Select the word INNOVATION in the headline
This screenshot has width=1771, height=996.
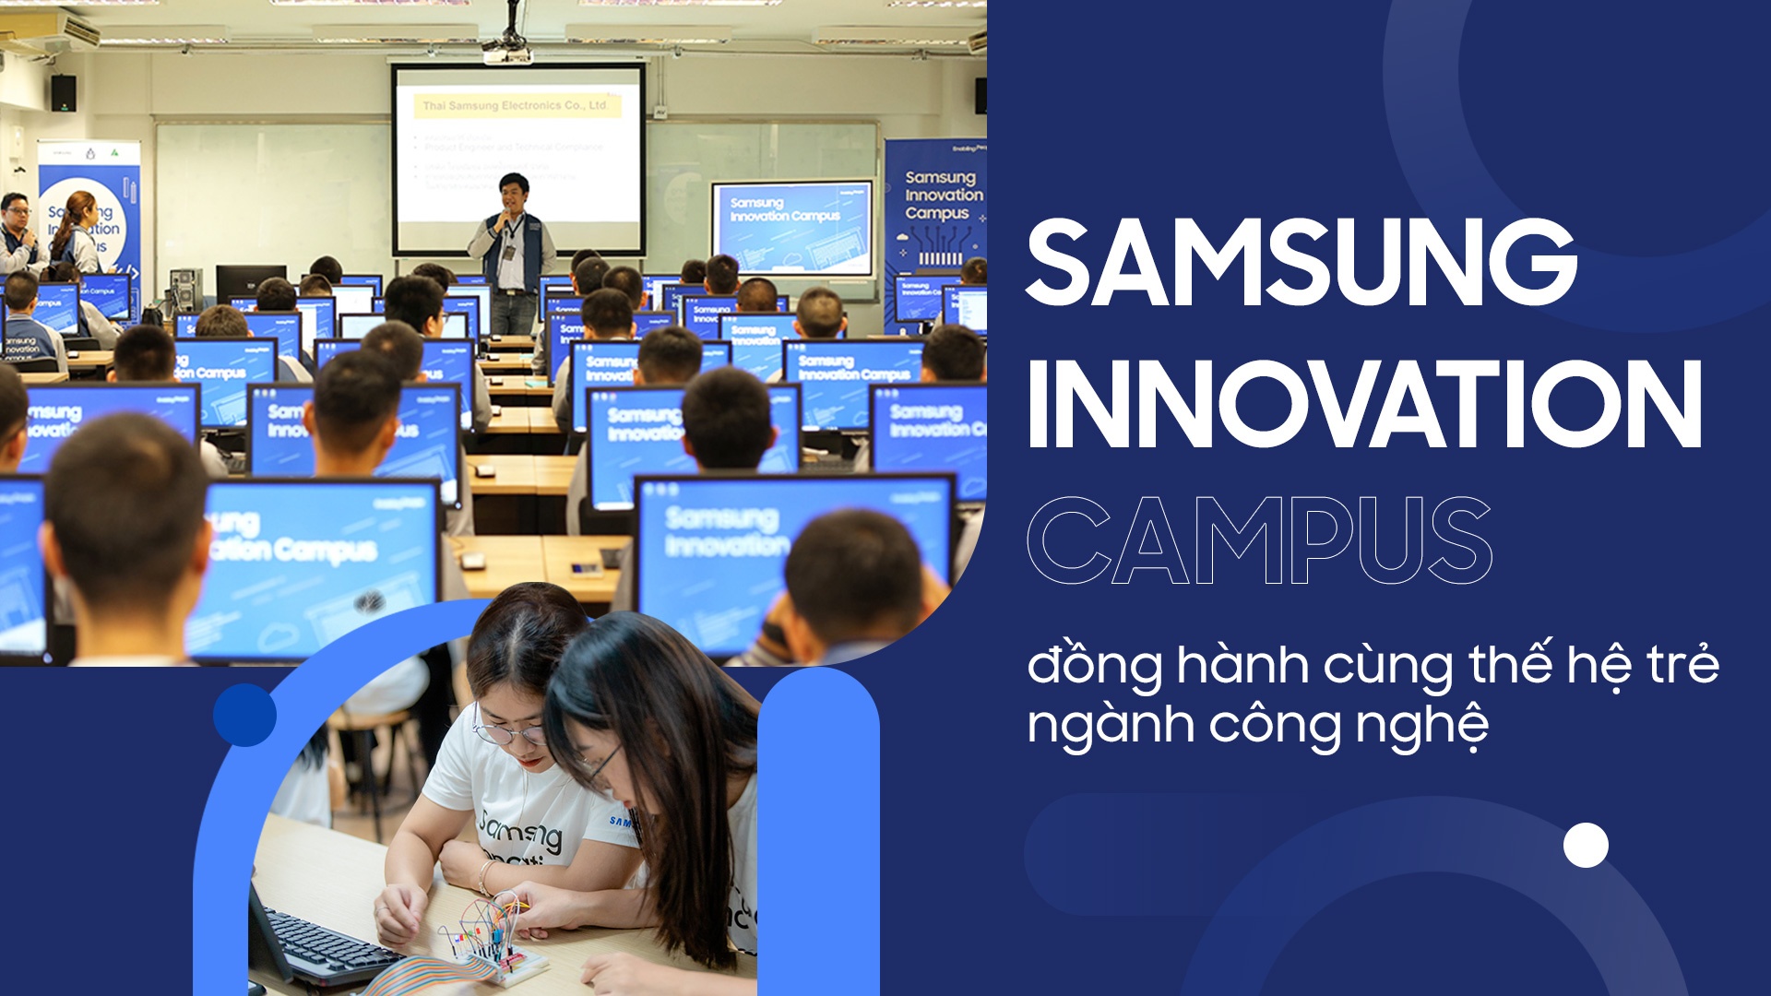[1363, 406]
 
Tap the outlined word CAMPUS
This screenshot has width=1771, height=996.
[1259, 541]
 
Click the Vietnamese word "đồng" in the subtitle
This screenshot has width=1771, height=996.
[1093, 666]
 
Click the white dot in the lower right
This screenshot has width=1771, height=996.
[1586, 845]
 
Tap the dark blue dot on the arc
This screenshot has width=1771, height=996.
[244, 715]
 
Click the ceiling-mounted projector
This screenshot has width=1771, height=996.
[506, 50]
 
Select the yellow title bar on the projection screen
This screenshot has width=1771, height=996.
[517, 106]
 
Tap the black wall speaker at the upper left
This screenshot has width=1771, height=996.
[64, 93]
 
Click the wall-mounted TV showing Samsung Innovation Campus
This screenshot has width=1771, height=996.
[790, 227]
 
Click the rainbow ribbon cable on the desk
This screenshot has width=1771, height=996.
[415, 978]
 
